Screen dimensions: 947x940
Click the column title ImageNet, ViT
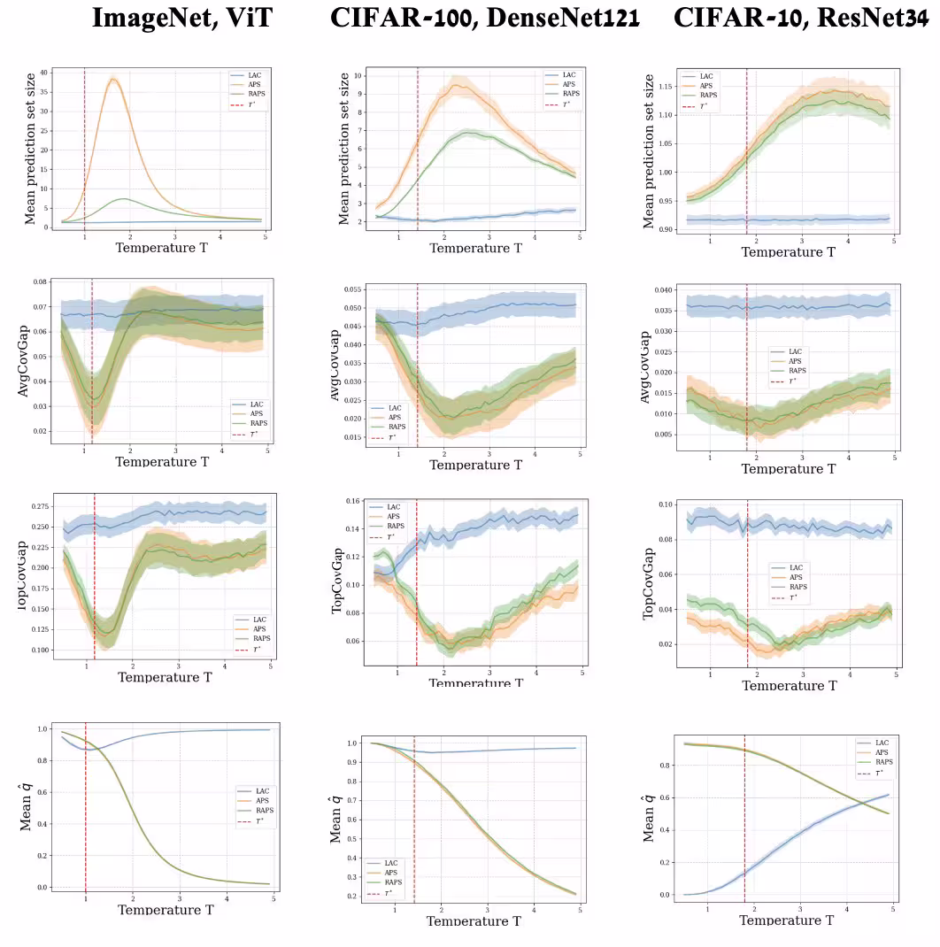click(x=181, y=19)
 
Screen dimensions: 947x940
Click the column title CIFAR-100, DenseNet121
click(x=484, y=19)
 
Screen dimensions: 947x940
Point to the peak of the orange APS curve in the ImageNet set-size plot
click(x=113, y=79)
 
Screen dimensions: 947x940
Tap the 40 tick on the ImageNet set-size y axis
click(x=42, y=73)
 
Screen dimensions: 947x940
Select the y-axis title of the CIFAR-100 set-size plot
click(x=344, y=148)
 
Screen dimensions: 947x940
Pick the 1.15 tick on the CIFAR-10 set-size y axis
click(x=668, y=87)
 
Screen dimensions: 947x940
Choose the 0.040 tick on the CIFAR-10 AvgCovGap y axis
click(x=665, y=290)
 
